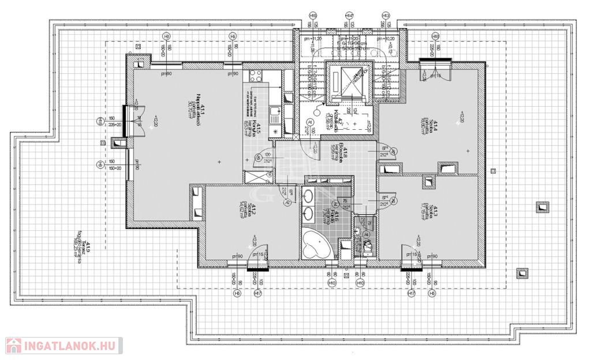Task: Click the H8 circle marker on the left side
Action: [x=99, y=121]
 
